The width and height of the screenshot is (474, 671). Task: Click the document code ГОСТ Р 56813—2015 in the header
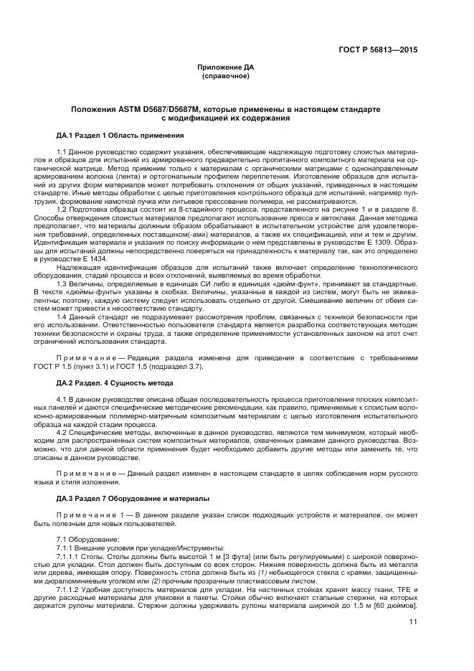378,50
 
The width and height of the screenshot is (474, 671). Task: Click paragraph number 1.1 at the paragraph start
61,154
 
